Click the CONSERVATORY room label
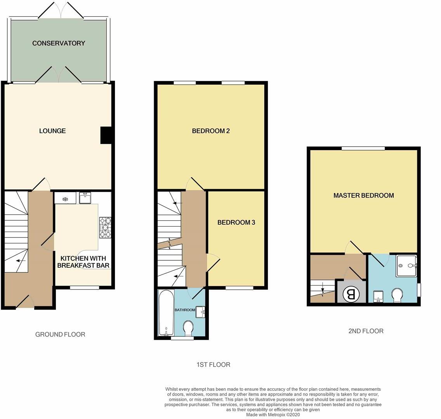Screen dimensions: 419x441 [59, 43]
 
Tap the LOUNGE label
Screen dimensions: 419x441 [52, 131]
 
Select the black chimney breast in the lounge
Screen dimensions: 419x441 [106, 135]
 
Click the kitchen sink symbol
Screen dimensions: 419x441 [85, 198]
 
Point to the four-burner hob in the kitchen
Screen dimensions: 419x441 [105, 227]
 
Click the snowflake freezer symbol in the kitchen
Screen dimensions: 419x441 [65, 199]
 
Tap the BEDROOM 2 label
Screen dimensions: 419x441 [211, 131]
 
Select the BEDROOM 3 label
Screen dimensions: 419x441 [236, 222]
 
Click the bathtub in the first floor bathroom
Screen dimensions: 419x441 [166, 313]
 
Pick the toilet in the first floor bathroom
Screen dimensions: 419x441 [188, 328]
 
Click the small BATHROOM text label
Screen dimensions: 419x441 [184, 310]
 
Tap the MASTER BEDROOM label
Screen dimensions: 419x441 [363, 195]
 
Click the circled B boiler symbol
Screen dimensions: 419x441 [351, 294]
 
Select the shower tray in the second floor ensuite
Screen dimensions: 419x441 [406, 266]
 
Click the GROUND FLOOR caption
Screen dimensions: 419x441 [60, 334]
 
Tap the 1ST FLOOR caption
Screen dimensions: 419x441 [213, 364]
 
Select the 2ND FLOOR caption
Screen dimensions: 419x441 [366, 331]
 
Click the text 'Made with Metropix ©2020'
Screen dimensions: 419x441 [273, 414]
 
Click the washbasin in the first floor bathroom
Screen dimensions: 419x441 [201, 312]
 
